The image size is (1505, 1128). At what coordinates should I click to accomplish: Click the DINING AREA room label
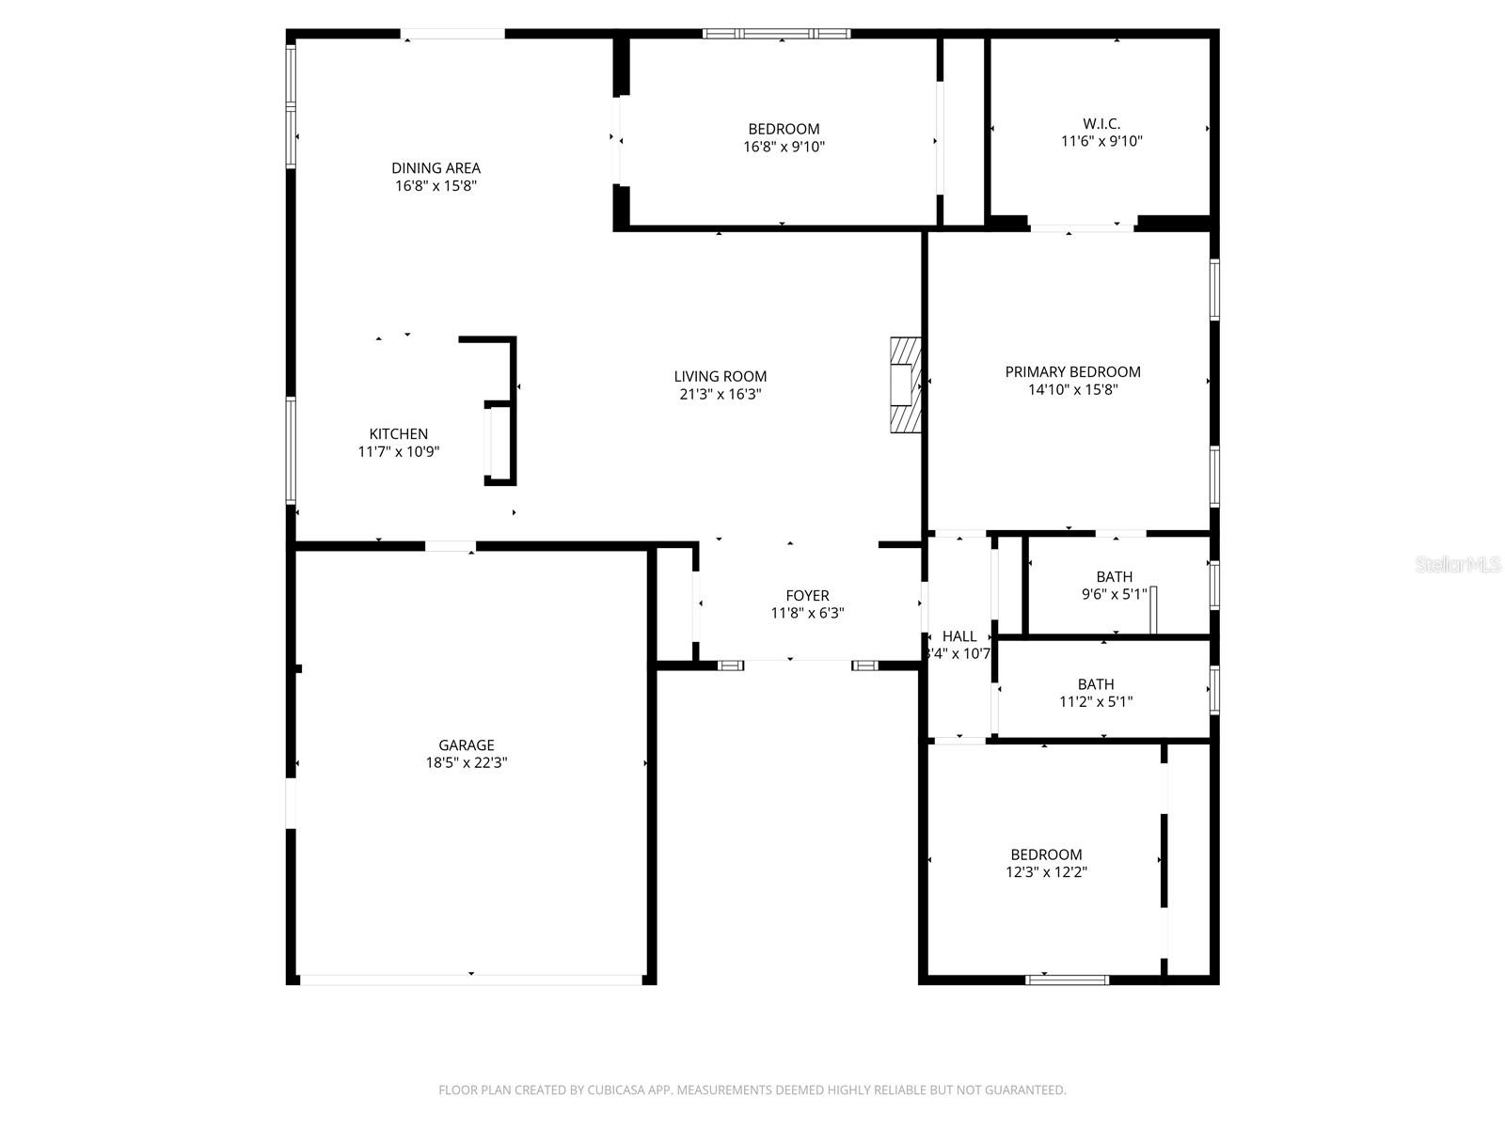click(436, 168)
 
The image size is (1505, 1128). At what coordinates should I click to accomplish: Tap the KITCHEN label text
click(398, 434)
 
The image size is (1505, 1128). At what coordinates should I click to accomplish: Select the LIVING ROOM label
click(720, 377)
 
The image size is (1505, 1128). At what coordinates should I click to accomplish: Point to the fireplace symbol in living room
click(905, 384)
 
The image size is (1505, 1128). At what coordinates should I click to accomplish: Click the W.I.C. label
click(1101, 124)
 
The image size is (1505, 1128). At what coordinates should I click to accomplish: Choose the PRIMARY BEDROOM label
click(1072, 372)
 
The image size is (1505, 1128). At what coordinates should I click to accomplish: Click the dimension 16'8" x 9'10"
click(784, 147)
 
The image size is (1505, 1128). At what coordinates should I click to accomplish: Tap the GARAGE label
click(466, 745)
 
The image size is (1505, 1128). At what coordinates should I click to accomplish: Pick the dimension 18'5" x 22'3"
click(466, 763)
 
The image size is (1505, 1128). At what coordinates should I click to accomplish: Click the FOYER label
click(807, 596)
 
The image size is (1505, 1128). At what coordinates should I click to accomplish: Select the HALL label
click(958, 636)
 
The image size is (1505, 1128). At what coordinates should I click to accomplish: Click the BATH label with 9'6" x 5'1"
click(1114, 577)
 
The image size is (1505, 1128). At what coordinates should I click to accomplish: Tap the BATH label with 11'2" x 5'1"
click(1096, 684)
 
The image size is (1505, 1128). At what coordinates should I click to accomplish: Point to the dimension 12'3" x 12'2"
click(1046, 872)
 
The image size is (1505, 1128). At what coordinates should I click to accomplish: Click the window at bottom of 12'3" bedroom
click(1067, 979)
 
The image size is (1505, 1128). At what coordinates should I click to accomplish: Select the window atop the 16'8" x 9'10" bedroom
click(776, 34)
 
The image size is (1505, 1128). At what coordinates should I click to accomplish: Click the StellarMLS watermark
click(1457, 565)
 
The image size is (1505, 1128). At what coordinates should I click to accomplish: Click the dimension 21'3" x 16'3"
click(720, 395)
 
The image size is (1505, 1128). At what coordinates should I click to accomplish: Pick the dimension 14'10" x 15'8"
click(1072, 390)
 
